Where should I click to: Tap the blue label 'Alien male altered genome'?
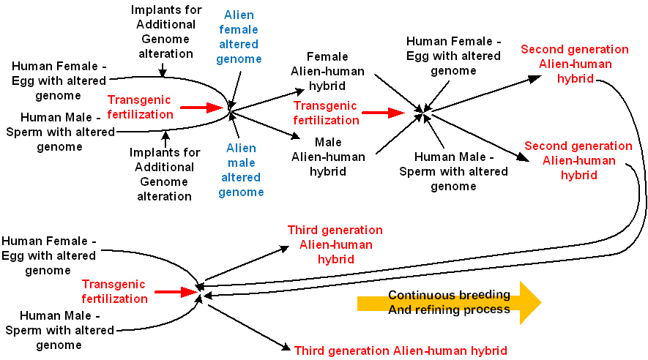[x=241, y=170]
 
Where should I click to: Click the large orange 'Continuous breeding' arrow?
[x=449, y=302]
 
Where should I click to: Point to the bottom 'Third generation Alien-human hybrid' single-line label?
[x=401, y=350]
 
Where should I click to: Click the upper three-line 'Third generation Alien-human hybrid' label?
[x=335, y=244]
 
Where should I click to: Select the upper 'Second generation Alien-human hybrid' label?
[x=575, y=64]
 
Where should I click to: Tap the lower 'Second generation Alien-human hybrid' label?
[x=578, y=160]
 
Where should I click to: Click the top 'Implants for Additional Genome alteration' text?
[x=163, y=31]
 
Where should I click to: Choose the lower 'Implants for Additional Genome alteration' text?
[x=164, y=174]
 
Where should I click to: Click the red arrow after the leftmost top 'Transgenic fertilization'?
[x=201, y=108]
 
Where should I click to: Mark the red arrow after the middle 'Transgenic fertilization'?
[x=384, y=113]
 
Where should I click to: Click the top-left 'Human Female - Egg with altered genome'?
[x=59, y=80]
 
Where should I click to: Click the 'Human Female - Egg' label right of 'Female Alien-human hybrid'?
[x=453, y=56]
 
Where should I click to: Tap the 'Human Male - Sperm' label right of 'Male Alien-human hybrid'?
[x=453, y=171]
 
